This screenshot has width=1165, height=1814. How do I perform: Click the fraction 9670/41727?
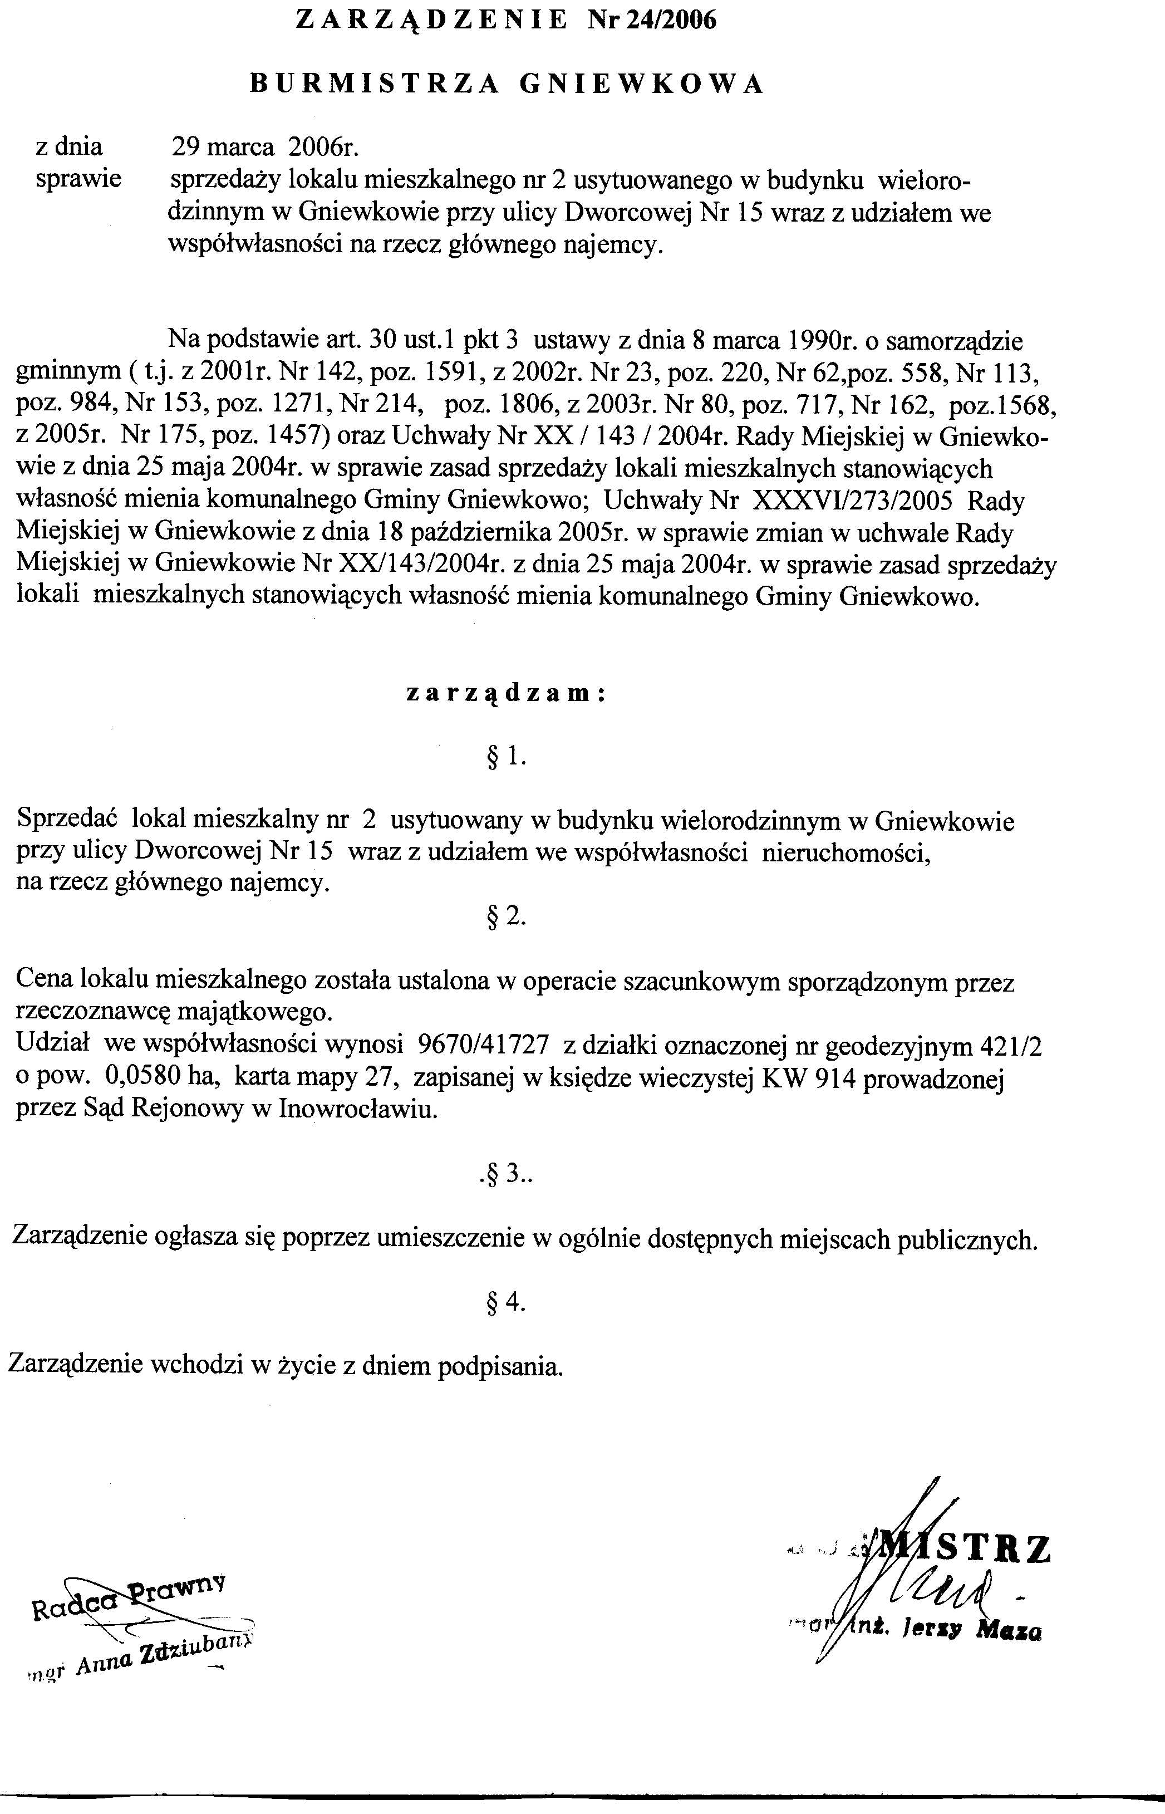coord(483,1045)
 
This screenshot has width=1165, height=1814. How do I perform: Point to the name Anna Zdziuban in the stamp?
coord(166,1655)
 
